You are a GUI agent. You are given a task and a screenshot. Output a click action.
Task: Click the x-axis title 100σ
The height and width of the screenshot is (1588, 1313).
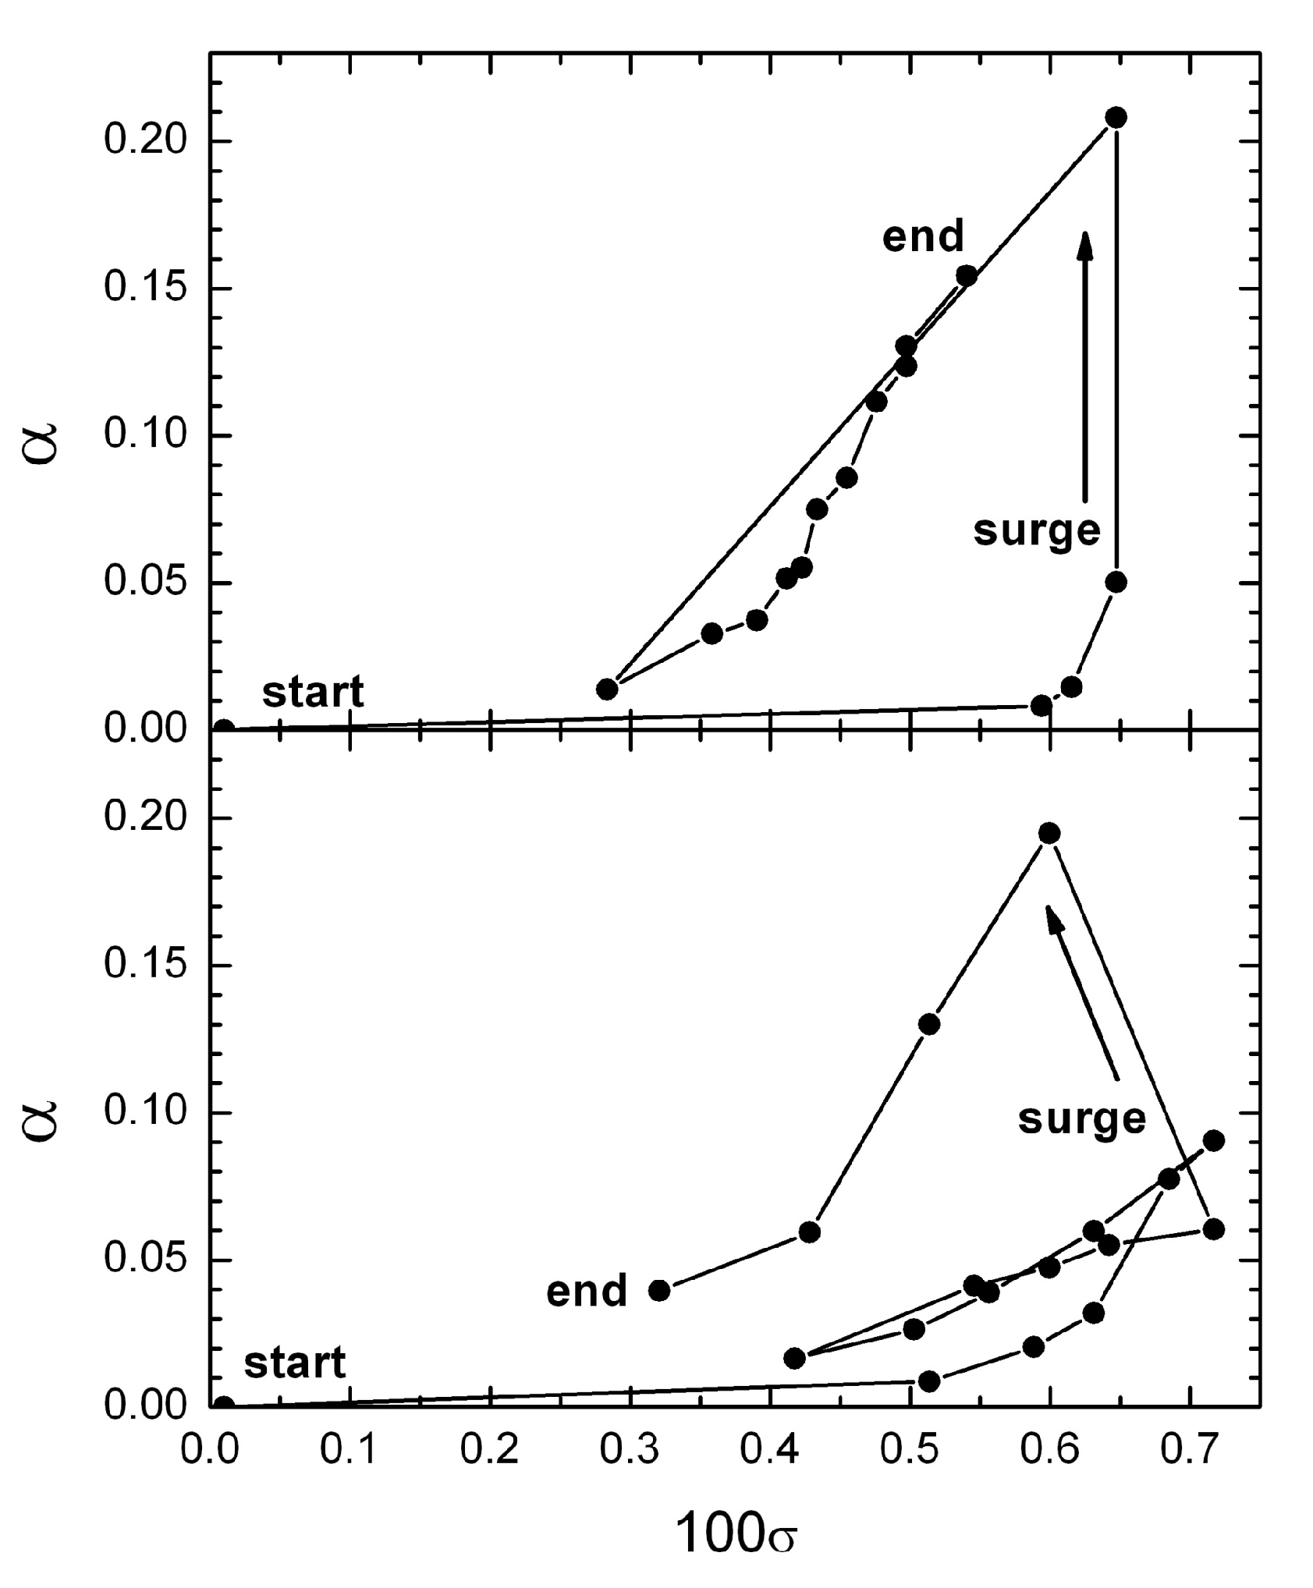point(735,1532)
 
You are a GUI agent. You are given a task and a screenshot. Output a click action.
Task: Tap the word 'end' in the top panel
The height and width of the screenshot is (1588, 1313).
point(923,236)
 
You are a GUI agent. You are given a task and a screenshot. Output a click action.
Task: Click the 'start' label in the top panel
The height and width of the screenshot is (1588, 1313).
point(313,692)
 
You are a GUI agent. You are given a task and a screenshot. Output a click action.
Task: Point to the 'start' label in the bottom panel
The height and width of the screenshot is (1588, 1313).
point(295,1363)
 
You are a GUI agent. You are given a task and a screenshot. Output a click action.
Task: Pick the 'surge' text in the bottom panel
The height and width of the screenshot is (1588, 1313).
point(1082,1120)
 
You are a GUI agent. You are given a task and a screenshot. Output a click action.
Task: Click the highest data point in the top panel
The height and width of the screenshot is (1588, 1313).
point(1116,117)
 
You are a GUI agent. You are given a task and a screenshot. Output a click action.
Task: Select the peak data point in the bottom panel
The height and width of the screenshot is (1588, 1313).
point(1049,833)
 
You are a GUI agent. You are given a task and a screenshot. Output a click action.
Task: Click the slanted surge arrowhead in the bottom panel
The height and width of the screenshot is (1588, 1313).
point(1054,919)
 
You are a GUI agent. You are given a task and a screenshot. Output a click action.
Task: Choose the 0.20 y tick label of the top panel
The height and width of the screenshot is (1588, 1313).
point(147,141)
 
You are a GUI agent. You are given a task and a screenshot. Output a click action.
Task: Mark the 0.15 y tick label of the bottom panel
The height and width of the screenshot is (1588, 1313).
point(147,965)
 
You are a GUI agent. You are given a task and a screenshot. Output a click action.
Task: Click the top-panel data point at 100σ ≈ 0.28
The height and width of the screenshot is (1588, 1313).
point(607,689)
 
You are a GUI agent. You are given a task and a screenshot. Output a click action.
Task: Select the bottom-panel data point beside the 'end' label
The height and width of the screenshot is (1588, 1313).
point(659,1290)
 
